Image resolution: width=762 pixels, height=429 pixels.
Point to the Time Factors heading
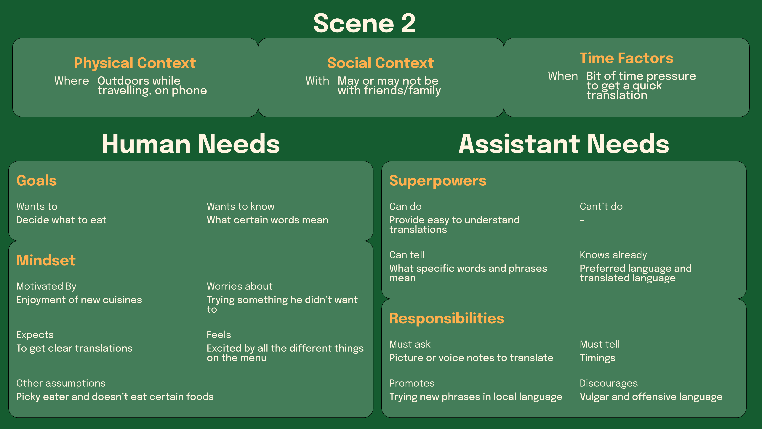point(626,58)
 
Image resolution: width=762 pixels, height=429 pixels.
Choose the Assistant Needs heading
point(564,144)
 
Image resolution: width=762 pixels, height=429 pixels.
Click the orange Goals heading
point(37,181)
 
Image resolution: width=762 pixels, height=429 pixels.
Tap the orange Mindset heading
point(46,260)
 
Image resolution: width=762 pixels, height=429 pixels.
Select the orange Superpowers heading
point(438,181)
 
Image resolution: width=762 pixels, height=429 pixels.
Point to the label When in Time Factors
point(563,76)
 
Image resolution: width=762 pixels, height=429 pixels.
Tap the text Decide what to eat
point(61,220)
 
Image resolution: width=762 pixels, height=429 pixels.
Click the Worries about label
point(239,286)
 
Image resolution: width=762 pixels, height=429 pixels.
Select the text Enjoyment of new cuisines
point(79,300)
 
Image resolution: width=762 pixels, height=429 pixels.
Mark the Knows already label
point(613,255)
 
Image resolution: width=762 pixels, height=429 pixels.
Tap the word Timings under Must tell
point(597,358)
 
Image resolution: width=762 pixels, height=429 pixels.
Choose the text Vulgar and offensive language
point(651,397)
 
